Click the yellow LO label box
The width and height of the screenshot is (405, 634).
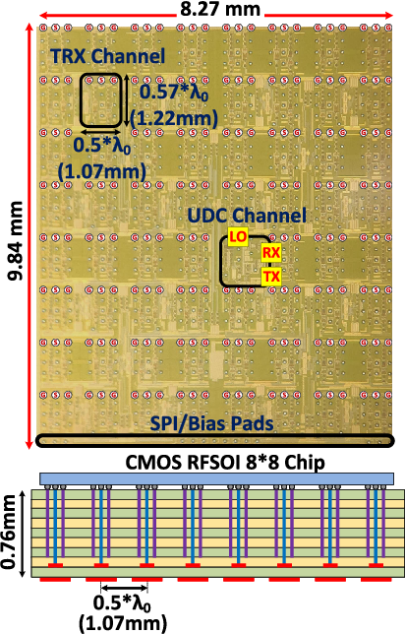[x=238, y=237]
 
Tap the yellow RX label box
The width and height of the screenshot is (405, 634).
[x=271, y=253]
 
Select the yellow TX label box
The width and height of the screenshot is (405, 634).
[x=271, y=277]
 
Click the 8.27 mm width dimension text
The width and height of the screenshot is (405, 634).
[x=220, y=9]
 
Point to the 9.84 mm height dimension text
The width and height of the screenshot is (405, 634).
[x=15, y=241]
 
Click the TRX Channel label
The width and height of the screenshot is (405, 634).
[x=108, y=56]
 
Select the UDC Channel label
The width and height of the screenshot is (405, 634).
[x=247, y=215]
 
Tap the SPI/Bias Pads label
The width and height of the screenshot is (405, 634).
[x=212, y=423]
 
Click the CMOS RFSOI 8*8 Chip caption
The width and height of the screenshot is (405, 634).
[x=225, y=462]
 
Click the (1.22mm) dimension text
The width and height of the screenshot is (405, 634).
[x=174, y=119]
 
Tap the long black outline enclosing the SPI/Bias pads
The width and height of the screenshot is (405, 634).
[x=214, y=446]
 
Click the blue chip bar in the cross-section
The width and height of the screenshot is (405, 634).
[x=217, y=478]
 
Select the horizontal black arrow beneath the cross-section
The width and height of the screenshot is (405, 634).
[x=125, y=587]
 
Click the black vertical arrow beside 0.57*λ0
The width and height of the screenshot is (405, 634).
[x=127, y=99]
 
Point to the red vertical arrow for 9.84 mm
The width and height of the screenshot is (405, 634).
[x=29, y=236]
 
